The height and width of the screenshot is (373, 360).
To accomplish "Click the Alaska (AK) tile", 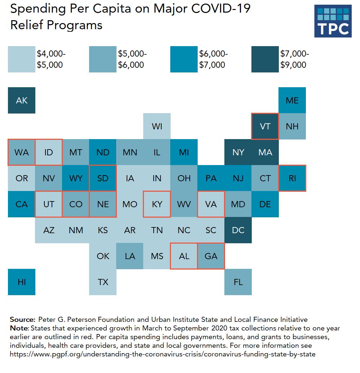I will click(x=22, y=100).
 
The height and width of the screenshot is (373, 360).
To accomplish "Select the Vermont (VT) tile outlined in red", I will click(x=265, y=126).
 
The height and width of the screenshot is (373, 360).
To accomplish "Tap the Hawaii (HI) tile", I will click(x=22, y=282).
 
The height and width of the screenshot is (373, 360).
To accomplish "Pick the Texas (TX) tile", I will click(x=103, y=282).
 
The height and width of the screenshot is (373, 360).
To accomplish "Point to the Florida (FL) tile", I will click(x=238, y=282).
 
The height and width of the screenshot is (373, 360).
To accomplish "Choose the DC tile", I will click(x=238, y=230).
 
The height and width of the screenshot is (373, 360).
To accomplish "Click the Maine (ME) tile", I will click(x=292, y=100).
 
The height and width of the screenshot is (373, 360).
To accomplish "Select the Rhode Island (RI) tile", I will click(x=292, y=178).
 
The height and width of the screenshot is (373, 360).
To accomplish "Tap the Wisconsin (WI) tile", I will click(x=157, y=126).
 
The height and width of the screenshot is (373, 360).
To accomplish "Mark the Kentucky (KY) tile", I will click(x=157, y=204).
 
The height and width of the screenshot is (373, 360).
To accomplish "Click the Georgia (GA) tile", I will click(x=211, y=256).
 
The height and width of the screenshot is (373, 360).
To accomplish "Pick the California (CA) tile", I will click(x=22, y=204).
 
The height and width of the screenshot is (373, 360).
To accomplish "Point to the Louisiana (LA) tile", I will click(x=130, y=256).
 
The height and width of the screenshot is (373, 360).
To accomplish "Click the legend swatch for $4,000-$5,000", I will click(x=22, y=59).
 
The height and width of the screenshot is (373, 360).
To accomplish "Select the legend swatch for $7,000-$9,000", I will click(x=265, y=59).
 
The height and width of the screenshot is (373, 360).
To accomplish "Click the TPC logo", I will click(x=333, y=21).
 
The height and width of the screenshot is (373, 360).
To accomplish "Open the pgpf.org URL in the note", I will click(x=162, y=354).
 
